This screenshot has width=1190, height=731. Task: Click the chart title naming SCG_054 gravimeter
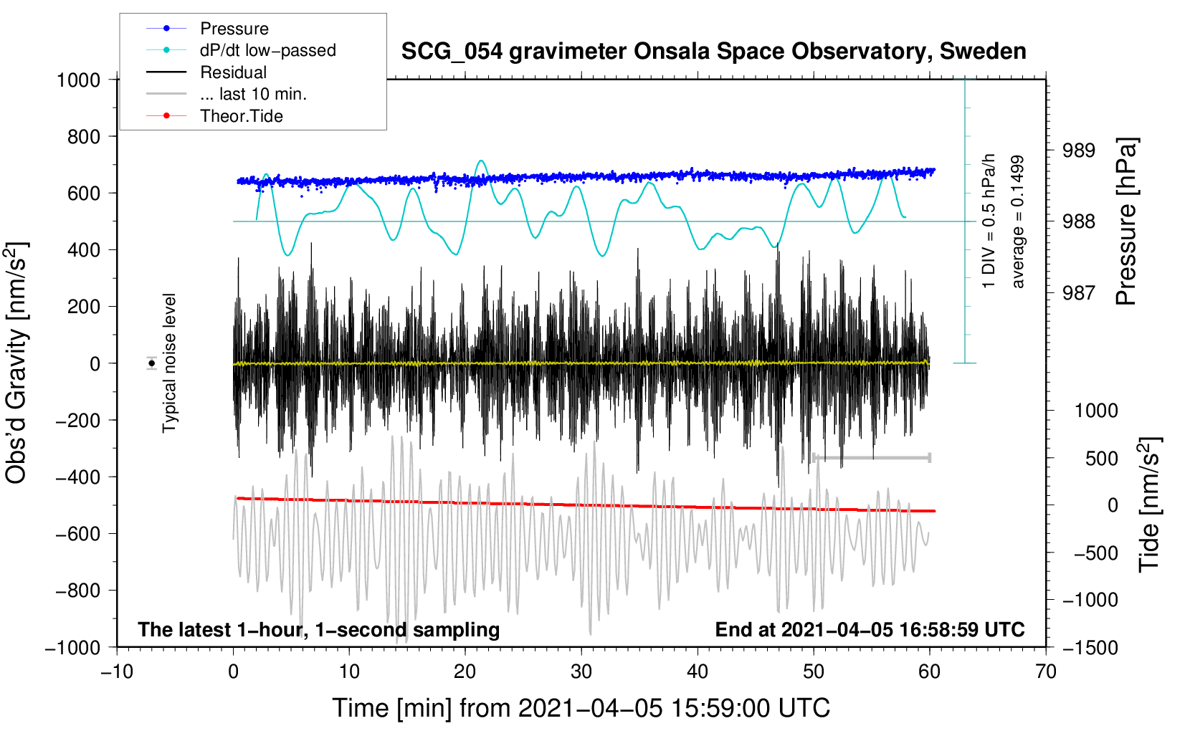(713, 52)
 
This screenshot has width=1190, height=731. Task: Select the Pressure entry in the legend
(234, 29)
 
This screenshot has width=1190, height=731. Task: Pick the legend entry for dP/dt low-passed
(267, 50)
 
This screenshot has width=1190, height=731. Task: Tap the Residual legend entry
(233, 72)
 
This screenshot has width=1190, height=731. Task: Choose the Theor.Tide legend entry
(242, 116)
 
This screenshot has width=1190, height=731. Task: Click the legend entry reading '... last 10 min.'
(253, 94)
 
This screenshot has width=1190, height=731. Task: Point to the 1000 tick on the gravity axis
(78, 80)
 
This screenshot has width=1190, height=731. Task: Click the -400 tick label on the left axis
(78, 477)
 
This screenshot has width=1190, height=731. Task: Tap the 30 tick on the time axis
(581, 672)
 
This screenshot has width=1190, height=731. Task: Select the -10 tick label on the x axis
(117, 672)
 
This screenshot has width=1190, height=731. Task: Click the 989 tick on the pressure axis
(1079, 150)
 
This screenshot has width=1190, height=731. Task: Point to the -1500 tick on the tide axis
(1090, 648)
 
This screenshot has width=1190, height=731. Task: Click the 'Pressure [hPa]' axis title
(1126, 222)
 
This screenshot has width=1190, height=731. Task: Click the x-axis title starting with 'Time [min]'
(581, 708)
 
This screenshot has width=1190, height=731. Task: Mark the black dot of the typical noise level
(151, 363)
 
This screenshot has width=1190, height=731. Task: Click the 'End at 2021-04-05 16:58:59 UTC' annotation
(870, 630)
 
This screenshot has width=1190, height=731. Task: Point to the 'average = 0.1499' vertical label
(1017, 222)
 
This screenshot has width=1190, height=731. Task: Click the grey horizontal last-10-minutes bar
(872, 457)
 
